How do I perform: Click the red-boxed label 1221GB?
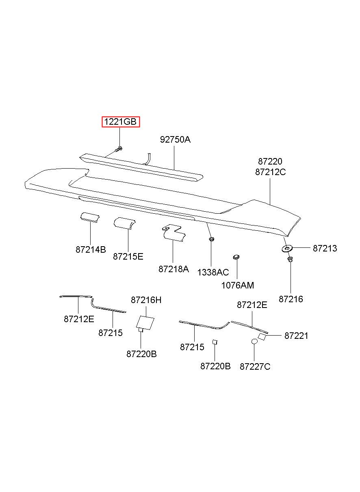[x=120, y=122]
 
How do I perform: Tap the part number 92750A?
[x=175, y=139]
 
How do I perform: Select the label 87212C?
[x=270, y=172]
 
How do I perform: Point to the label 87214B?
[x=91, y=249]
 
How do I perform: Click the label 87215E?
[x=128, y=256]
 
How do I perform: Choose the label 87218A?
[x=173, y=269]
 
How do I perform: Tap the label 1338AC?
[x=213, y=272]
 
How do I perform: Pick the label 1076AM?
[x=237, y=285]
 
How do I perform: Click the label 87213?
[x=325, y=248]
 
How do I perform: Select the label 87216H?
[x=146, y=300]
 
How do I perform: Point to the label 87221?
[x=296, y=336]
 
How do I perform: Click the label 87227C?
[x=255, y=366]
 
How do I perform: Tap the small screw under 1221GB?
[x=118, y=150]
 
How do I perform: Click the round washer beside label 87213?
[x=287, y=249]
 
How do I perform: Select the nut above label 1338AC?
[x=211, y=239]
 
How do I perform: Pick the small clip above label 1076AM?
[x=236, y=257]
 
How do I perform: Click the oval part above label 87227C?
[x=254, y=342]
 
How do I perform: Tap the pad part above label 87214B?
[x=90, y=217]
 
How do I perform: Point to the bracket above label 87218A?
[x=174, y=233]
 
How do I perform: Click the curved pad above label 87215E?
[x=125, y=223]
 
